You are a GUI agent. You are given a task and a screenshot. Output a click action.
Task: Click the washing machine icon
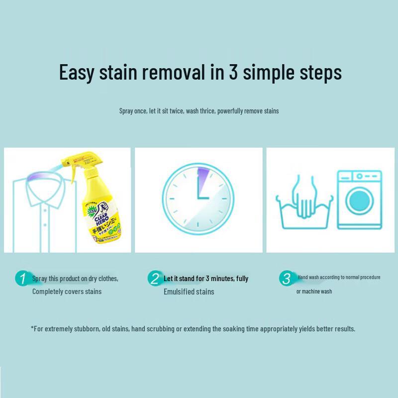point(359,199)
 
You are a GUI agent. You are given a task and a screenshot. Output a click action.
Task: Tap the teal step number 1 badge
point(22,279)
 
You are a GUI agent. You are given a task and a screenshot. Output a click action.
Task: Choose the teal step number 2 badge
point(155,279)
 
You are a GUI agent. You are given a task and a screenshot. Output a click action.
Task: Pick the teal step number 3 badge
point(286,279)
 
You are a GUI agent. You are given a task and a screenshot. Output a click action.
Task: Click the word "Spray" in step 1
point(40,279)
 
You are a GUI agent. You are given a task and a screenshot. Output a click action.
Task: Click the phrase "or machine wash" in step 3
point(314,292)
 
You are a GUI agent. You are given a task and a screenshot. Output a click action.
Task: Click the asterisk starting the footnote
point(32,328)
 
